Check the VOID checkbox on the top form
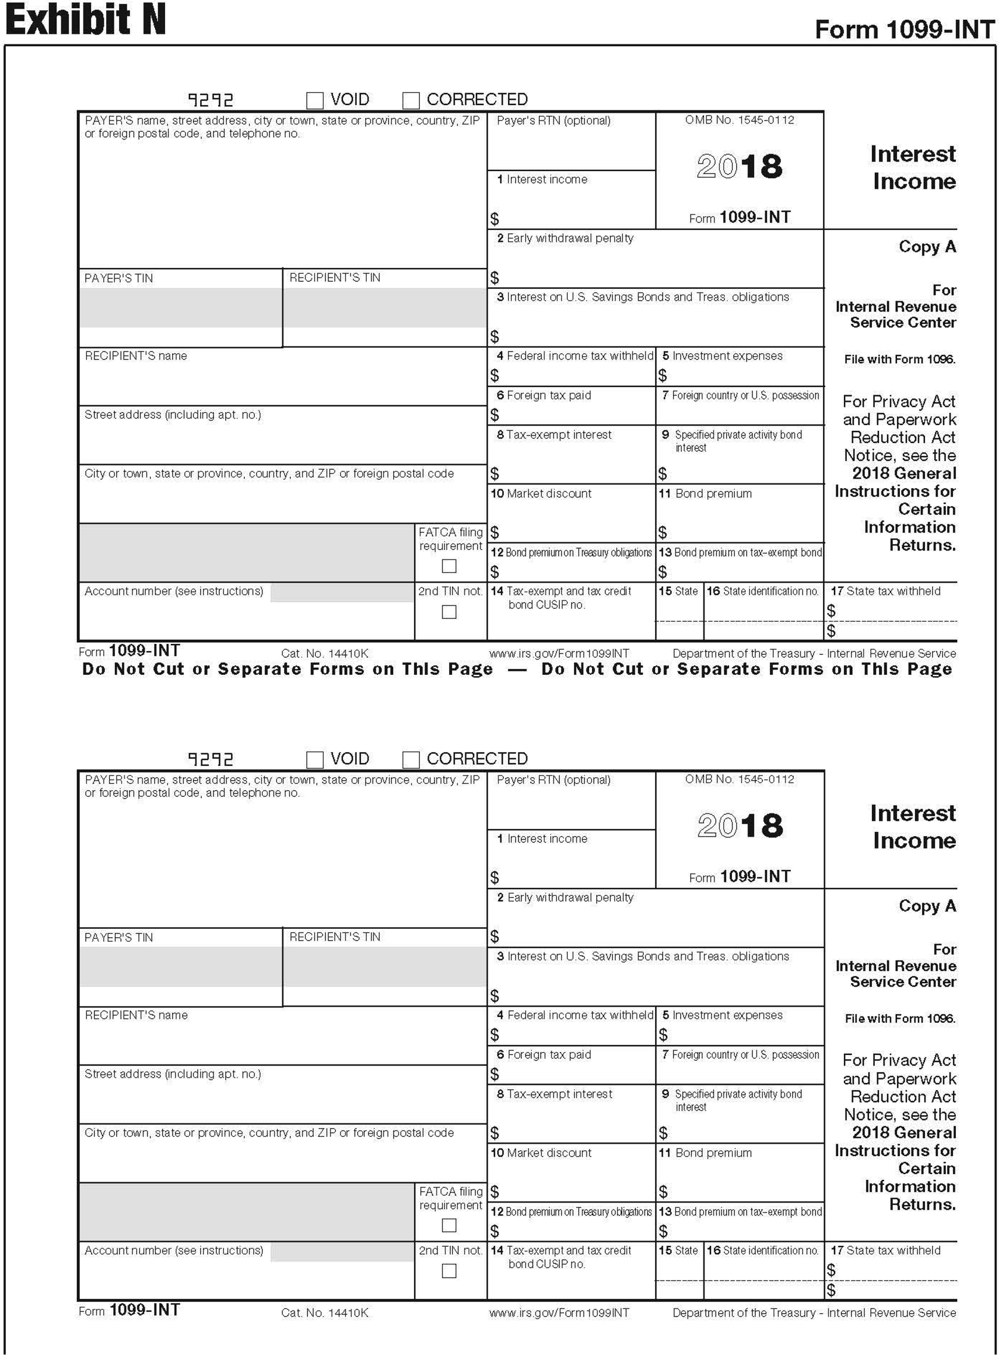(315, 100)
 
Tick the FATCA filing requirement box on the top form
(449, 566)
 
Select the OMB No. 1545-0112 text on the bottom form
(739, 780)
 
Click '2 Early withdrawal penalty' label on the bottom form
(565, 898)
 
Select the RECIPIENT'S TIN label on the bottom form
(334, 937)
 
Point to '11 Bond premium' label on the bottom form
(705, 1153)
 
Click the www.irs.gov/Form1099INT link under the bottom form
(559, 1313)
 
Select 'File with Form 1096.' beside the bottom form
(900, 1019)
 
